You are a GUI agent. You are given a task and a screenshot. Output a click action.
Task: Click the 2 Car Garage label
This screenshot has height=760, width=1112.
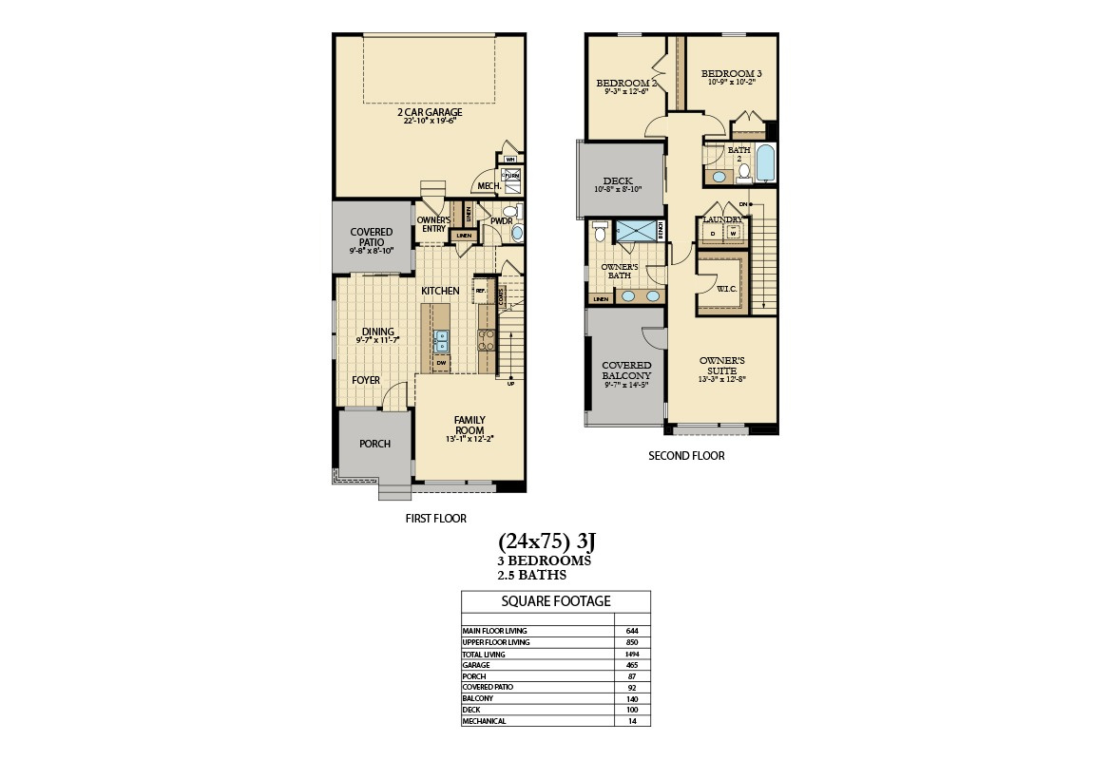[x=430, y=112]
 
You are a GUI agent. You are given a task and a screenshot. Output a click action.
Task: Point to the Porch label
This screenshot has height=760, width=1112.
[x=374, y=444]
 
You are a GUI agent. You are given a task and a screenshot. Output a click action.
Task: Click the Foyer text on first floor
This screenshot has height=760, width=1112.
[x=366, y=380]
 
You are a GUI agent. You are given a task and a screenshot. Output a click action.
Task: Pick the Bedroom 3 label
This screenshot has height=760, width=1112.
[x=731, y=74]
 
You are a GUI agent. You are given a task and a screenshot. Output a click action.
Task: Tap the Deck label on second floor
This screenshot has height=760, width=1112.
[x=618, y=181]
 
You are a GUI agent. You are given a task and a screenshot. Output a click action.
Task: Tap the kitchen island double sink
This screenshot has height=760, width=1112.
[x=442, y=338]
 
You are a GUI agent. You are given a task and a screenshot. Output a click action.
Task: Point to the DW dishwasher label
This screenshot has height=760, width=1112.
[x=442, y=363]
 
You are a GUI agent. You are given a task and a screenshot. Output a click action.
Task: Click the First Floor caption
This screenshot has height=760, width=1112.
[x=435, y=519]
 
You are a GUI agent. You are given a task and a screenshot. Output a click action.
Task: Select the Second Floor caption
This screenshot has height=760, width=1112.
[x=686, y=456]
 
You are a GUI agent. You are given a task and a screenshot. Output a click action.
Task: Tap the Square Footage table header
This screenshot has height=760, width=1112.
[x=556, y=601]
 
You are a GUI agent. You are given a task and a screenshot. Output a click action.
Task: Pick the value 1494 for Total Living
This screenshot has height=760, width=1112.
[x=632, y=655]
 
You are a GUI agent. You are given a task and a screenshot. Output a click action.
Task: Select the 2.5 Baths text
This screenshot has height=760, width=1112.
[x=532, y=575]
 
